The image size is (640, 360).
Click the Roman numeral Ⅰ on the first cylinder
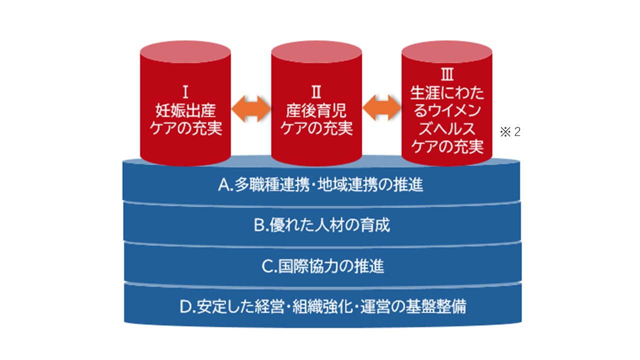point(185,92)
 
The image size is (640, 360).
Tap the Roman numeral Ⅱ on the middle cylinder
point(316,92)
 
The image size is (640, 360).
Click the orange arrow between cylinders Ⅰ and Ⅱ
point(251,108)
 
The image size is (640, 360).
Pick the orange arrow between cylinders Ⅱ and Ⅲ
point(381,107)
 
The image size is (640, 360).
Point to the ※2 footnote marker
point(510,131)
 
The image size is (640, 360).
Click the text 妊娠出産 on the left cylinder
point(185,110)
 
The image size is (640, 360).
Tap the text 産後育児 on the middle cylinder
point(316,110)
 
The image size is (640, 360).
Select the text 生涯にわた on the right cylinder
point(447,92)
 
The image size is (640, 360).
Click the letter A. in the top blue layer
point(225,184)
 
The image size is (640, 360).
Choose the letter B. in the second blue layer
point(261,225)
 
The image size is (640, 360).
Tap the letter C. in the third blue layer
point(269,266)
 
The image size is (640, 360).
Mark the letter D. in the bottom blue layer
point(187,307)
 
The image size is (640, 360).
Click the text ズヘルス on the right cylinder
point(447,128)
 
